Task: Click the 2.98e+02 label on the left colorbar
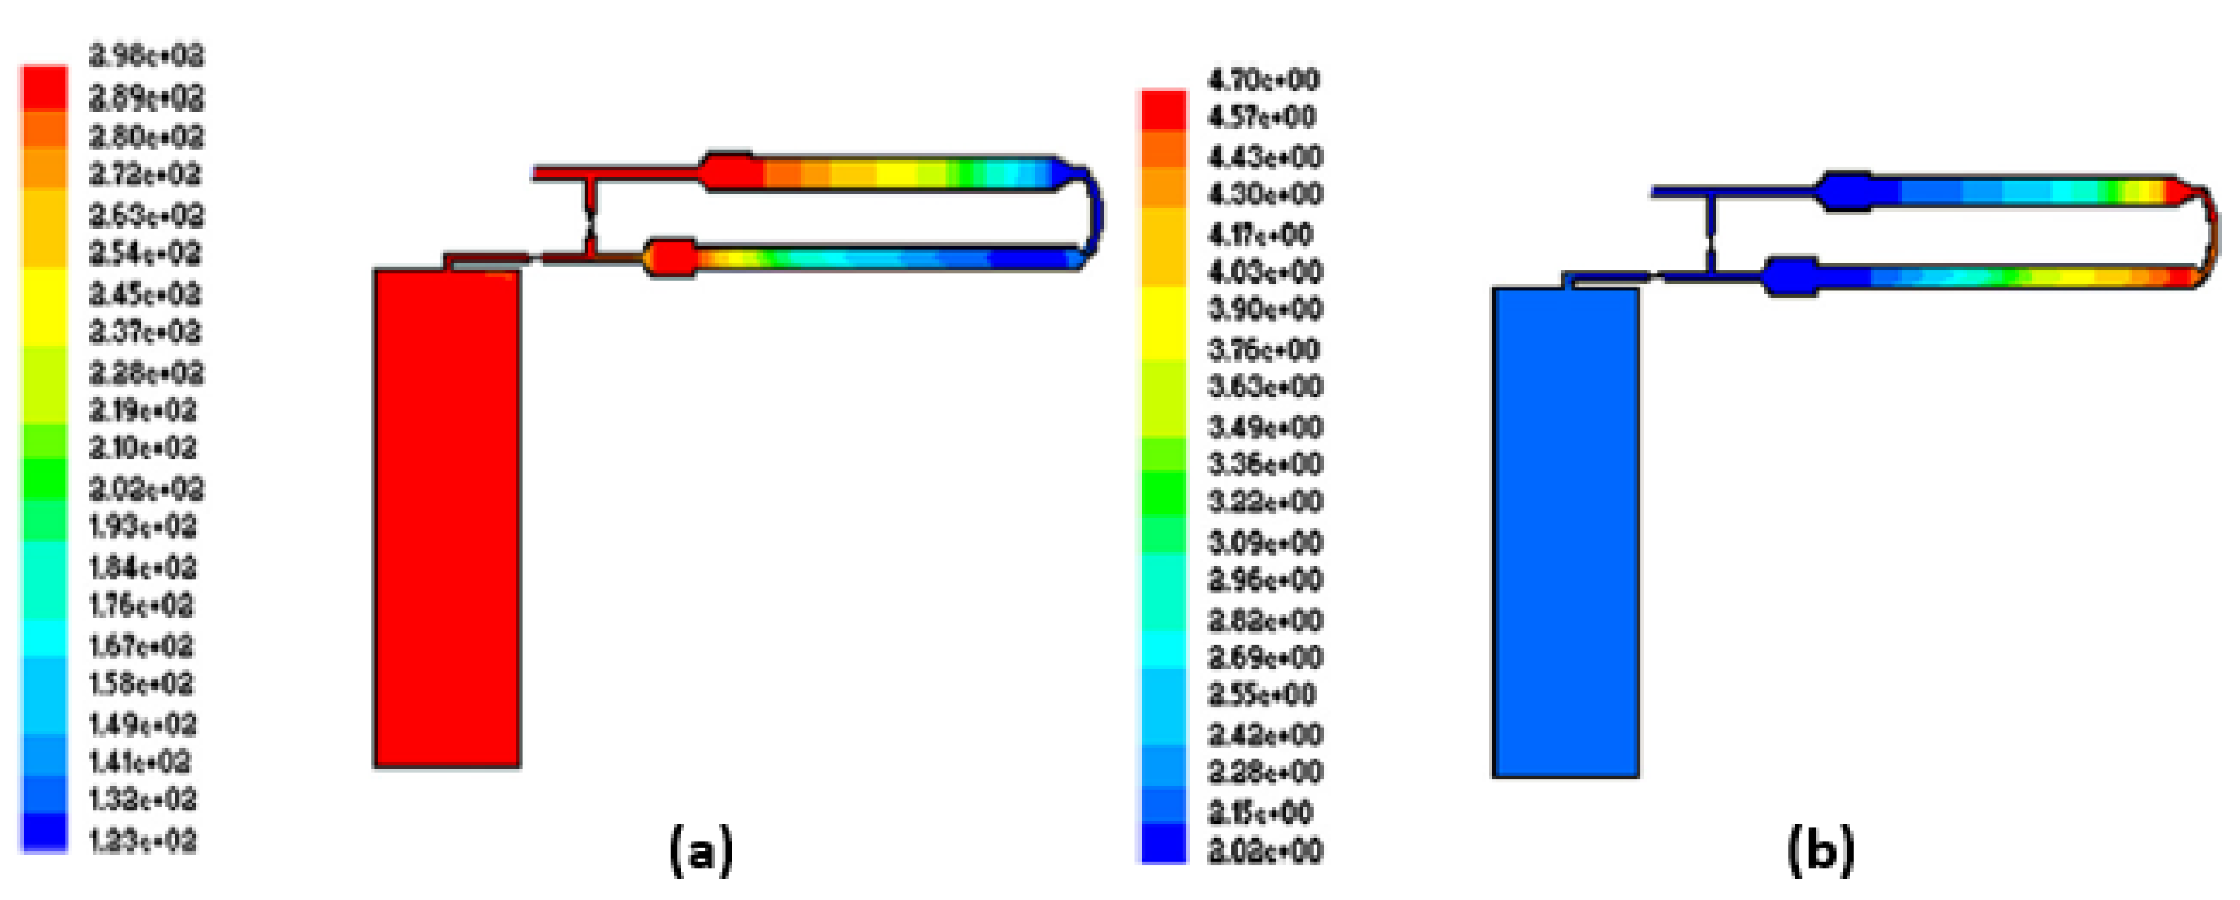pos(146,57)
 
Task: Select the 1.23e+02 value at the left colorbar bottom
pos(143,841)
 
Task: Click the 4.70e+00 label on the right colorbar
pos(1263,81)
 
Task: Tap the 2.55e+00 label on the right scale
pos(1263,695)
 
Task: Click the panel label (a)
pos(701,851)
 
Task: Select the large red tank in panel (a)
pos(447,518)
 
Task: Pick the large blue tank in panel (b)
pos(1565,532)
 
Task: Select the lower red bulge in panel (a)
pos(671,258)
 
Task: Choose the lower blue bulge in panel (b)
pos(1789,277)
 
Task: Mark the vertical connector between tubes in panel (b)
pos(1710,235)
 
